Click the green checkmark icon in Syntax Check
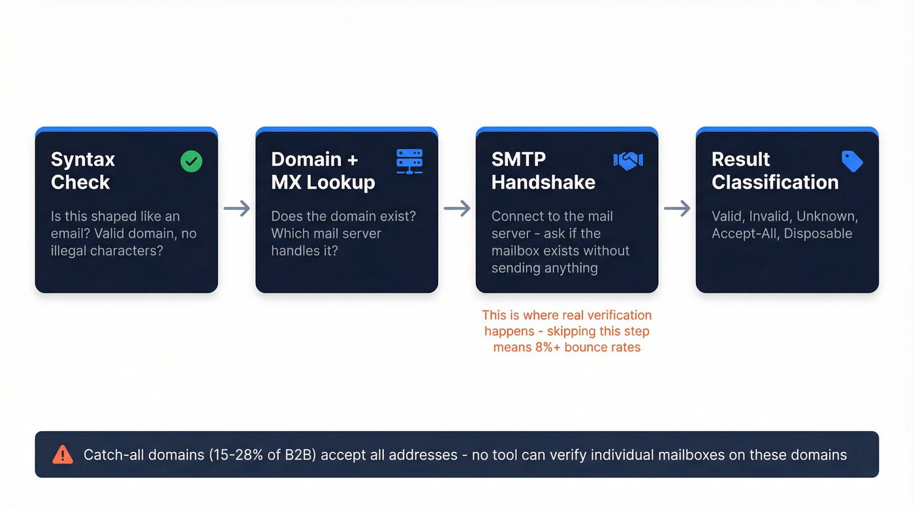pyautogui.click(x=191, y=161)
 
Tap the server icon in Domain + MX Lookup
pyautogui.click(x=409, y=161)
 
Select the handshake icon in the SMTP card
pyautogui.click(x=628, y=161)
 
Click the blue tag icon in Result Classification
pyautogui.click(x=852, y=161)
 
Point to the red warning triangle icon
pyautogui.click(x=63, y=454)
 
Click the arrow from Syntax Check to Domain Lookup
pyautogui.click(x=236, y=209)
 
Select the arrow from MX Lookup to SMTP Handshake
pyautogui.click(x=457, y=209)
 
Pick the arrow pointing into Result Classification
pyautogui.click(x=677, y=209)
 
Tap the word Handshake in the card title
pyautogui.click(x=543, y=182)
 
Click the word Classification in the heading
pyautogui.click(x=775, y=182)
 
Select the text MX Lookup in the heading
pyautogui.click(x=323, y=182)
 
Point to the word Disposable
pyautogui.click(x=819, y=234)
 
